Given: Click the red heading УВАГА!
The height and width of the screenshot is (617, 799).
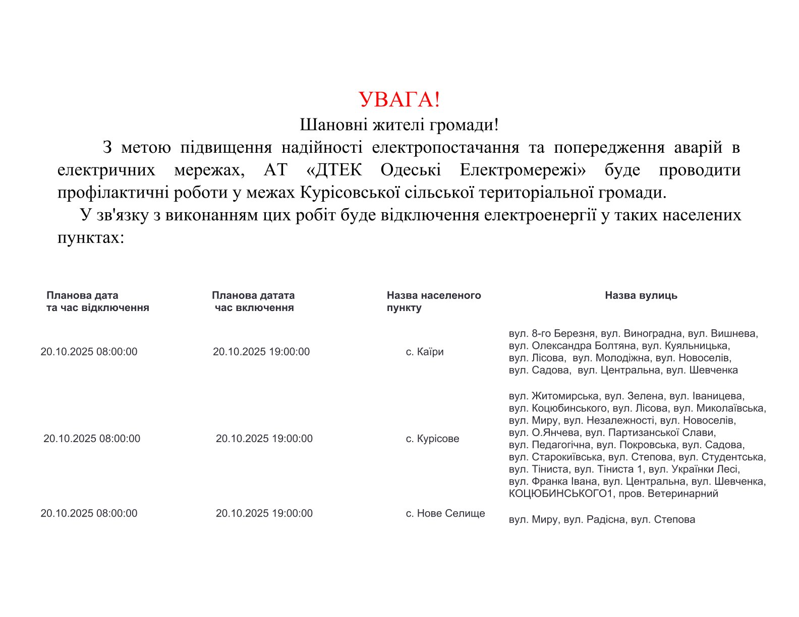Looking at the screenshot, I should pyautogui.click(x=399, y=99).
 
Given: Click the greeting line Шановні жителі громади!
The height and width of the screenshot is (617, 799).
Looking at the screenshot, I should pyautogui.click(x=399, y=125).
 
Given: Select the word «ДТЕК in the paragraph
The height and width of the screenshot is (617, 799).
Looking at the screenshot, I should pyautogui.click(x=334, y=170).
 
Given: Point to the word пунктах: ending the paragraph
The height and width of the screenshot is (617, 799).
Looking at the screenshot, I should pyautogui.click(x=91, y=237).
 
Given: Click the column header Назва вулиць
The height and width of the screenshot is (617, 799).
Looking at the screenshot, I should pyautogui.click(x=641, y=295).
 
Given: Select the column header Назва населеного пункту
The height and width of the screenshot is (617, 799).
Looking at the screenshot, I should pyautogui.click(x=433, y=301).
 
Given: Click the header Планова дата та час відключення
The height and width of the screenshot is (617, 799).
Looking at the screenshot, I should pyautogui.click(x=97, y=301).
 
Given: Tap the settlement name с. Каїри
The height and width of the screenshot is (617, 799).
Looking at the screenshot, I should pyautogui.click(x=425, y=352).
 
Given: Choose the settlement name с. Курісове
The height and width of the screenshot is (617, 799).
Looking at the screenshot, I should pyautogui.click(x=432, y=439).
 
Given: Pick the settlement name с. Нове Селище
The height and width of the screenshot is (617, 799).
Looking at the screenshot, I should pyautogui.click(x=445, y=513).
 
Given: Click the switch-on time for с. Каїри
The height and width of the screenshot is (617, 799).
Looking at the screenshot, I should pyautogui.click(x=261, y=352).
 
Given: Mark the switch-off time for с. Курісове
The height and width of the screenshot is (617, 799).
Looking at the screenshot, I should pyautogui.click(x=92, y=439).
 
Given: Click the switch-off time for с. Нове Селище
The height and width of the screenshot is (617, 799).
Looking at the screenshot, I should pyautogui.click(x=89, y=513).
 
